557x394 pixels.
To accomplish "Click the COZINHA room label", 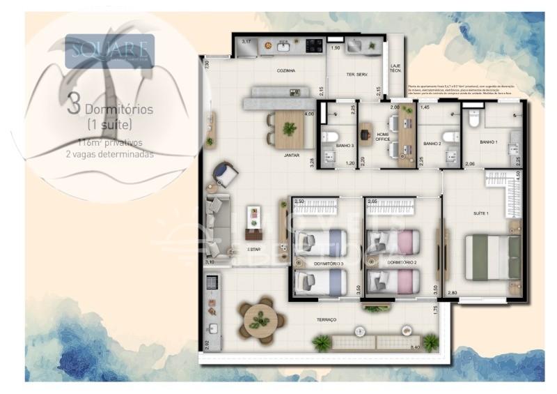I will point(285,70).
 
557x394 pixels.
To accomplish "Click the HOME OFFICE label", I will point(382,137).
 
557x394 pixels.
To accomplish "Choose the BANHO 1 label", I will point(489,142).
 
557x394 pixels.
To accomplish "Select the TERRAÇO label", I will point(326,319).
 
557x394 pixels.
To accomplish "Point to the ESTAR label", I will point(254,249).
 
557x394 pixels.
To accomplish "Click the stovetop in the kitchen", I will point(314,45).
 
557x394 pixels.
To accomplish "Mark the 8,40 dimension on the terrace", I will point(416,347).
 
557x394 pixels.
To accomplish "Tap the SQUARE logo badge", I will point(109,51).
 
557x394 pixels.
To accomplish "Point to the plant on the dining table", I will point(289,129).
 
